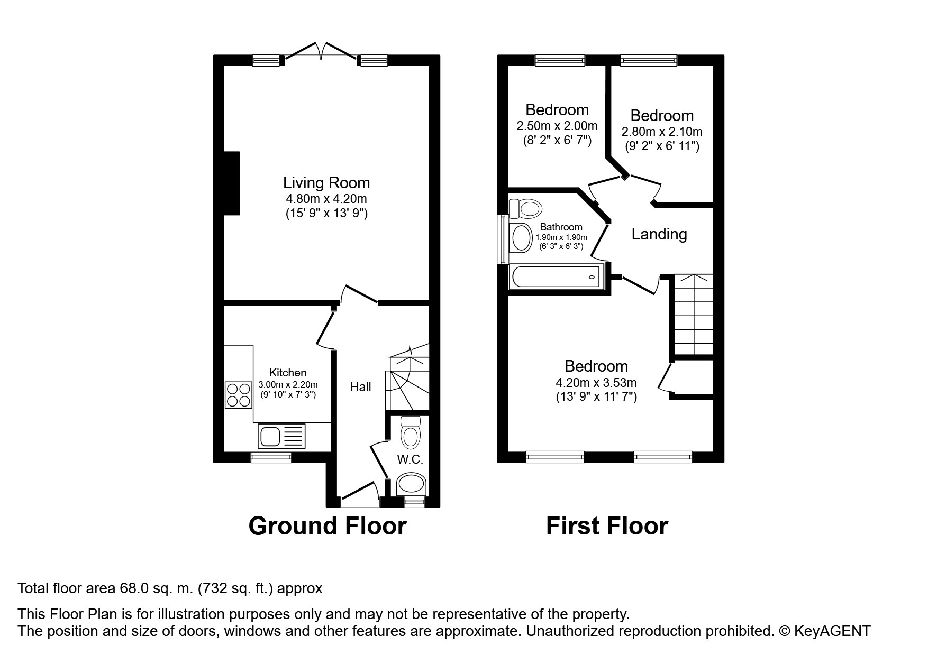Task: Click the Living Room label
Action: [x=326, y=183]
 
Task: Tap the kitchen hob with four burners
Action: [x=239, y=395]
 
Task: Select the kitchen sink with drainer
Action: [x=282, y=437]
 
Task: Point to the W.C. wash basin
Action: [x=412, y=483]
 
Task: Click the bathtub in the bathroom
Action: [x=556, y=277]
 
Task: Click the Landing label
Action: [x=659, y=234]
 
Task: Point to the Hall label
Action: [x=361, y=387]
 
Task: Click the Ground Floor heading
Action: [x=328, y=527]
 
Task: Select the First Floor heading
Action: [x=607, y=527]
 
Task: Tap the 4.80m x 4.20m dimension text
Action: [x=326, y=199]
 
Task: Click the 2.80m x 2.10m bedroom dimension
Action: [x=662, y=132]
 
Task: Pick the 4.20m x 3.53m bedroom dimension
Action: [x=596, y=382]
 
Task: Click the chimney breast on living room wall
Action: [x=232, y=183]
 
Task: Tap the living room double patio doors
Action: [x=320, y=51]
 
